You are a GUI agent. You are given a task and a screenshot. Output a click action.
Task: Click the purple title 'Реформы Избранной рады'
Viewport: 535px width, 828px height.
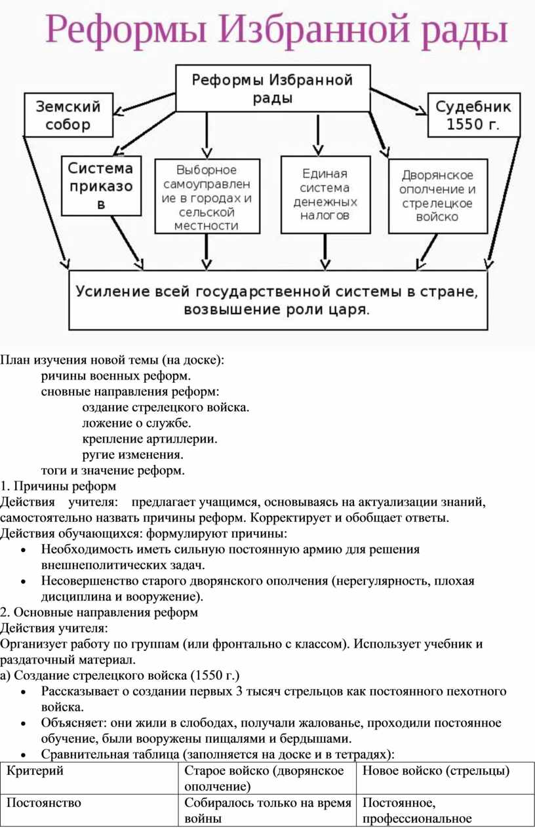point(277,30)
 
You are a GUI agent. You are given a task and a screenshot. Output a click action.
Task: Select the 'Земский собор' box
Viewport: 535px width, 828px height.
point(68,115)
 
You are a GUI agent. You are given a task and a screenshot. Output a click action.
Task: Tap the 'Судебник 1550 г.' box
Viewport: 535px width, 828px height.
point(473,115)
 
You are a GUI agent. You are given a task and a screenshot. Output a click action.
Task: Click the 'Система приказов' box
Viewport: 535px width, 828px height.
point(101,186)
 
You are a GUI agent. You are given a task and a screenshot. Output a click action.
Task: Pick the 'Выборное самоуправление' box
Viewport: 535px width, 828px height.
point(207,196)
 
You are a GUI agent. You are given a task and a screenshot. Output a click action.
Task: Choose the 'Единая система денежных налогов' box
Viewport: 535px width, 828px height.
point(325,195)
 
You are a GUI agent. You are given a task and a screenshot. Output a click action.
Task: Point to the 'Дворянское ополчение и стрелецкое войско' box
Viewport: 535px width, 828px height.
point(438,196)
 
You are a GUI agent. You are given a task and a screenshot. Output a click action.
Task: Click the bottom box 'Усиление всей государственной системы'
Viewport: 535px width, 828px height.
point(278,300)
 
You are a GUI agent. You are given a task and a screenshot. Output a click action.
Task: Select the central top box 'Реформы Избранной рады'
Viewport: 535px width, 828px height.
point(273,89)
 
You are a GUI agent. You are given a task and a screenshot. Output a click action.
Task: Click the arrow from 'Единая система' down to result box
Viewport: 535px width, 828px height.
point(325,252)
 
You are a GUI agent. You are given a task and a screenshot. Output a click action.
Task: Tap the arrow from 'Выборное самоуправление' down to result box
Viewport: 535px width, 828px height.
point(207,252)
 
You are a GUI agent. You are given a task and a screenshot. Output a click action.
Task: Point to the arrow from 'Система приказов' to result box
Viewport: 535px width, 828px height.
point(128,243)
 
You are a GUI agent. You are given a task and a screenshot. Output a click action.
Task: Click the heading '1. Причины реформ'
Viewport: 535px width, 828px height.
point(58,486)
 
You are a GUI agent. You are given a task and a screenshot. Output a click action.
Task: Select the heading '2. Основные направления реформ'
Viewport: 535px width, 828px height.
point(99,612)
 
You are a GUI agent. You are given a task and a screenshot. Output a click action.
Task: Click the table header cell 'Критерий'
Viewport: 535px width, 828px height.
point(35,770)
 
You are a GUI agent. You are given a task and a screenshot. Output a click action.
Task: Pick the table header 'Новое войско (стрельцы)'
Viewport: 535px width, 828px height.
point(436,770)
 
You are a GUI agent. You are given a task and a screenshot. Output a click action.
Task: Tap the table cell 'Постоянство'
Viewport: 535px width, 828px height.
point(44,802)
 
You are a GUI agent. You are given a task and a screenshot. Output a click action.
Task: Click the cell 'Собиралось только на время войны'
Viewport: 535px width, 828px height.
point(267,810)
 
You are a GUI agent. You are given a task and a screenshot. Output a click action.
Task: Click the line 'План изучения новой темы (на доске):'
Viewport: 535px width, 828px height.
point(112,360)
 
